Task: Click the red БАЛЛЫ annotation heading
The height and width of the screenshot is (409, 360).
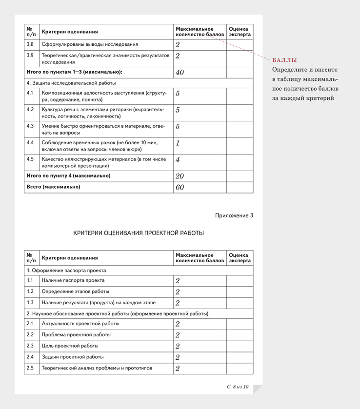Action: (x=284, y=60)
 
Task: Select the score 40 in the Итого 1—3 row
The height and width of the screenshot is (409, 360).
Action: (x=179, y=73)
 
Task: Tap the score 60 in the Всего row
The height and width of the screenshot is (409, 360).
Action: (x=179, y=187)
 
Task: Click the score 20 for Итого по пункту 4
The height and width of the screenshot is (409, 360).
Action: (x=179, y=176)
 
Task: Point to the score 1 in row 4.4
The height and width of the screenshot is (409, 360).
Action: (x=178, y=143)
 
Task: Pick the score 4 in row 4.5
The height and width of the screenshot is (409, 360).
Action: (x=178, y=160)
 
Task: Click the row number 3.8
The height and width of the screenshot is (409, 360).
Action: (x=30, y=44)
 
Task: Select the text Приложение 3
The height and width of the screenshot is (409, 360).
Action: (x=234, y=215)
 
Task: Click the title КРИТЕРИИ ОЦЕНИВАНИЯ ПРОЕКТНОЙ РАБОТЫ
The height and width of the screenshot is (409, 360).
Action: (x=139, y=233)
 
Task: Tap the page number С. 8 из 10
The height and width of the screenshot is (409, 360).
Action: (x=238, y=387)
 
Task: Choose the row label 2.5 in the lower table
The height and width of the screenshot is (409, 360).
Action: (x=30, y=368)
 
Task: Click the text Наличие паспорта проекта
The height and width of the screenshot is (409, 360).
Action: (x=73, y=280)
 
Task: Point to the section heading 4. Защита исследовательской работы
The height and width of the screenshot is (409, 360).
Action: (x=68, y=83)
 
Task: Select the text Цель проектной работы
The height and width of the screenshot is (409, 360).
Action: (x=70, y=346)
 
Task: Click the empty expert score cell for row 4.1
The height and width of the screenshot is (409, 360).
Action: (x=240, y=96)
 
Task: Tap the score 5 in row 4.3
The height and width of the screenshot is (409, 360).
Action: (x=178, y=127)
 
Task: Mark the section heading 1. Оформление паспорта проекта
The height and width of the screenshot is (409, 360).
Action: (x=66, y=270)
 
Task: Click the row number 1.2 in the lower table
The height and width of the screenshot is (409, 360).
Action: (x=30, y=292)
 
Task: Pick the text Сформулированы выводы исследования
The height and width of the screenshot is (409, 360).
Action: (x=90, y=44)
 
